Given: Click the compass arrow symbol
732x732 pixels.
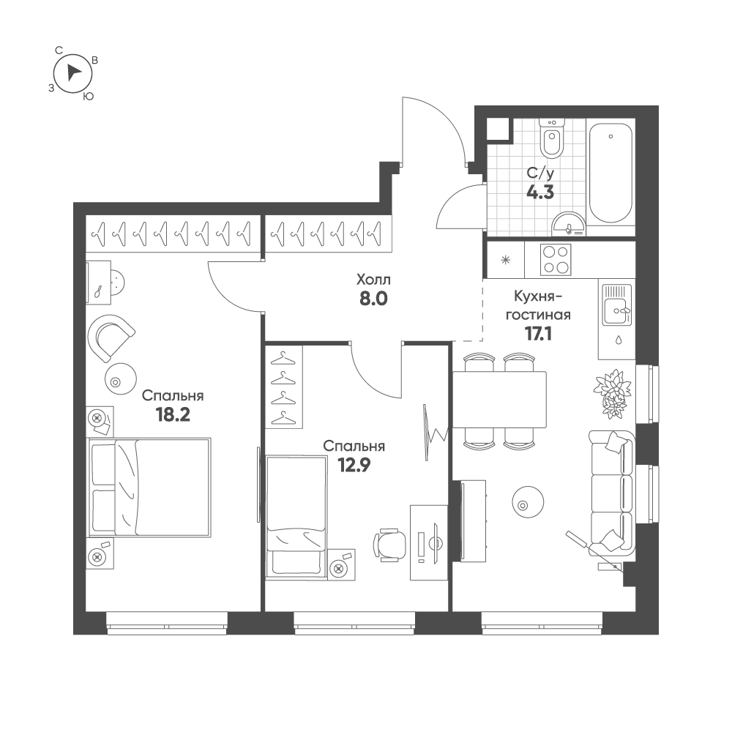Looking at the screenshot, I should tap(73, 72).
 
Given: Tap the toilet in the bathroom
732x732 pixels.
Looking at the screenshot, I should tap(551, 139).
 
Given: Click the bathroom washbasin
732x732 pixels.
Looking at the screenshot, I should tap(570, 223).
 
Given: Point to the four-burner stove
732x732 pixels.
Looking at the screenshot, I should tap(556, 259).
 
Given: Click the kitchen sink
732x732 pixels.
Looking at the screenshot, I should tap(614, 307).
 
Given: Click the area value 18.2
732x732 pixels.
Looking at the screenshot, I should tap(173, 414).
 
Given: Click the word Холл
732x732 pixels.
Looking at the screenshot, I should tap(373, 280).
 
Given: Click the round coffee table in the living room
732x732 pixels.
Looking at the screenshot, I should tap(526, 503).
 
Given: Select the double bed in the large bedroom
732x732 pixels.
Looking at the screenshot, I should tap(149, 488).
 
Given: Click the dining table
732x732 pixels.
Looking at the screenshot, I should tap(499, 400).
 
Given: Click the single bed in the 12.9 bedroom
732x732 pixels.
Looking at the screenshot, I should tap(296, 515).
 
